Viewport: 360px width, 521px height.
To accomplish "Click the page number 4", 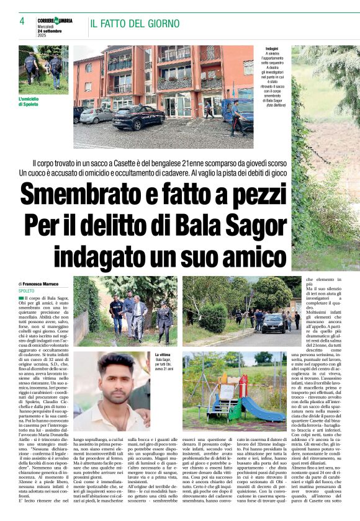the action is pyautogui.click(x=21, y=21).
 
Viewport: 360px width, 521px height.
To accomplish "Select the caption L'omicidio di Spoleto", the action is pyautogui.click(x=33, y=101).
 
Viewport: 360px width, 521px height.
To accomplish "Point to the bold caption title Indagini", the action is pyautogui.click(x=271, y=48).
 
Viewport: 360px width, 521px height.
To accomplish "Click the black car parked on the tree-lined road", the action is pyautogui.click(x=272, y=322).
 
